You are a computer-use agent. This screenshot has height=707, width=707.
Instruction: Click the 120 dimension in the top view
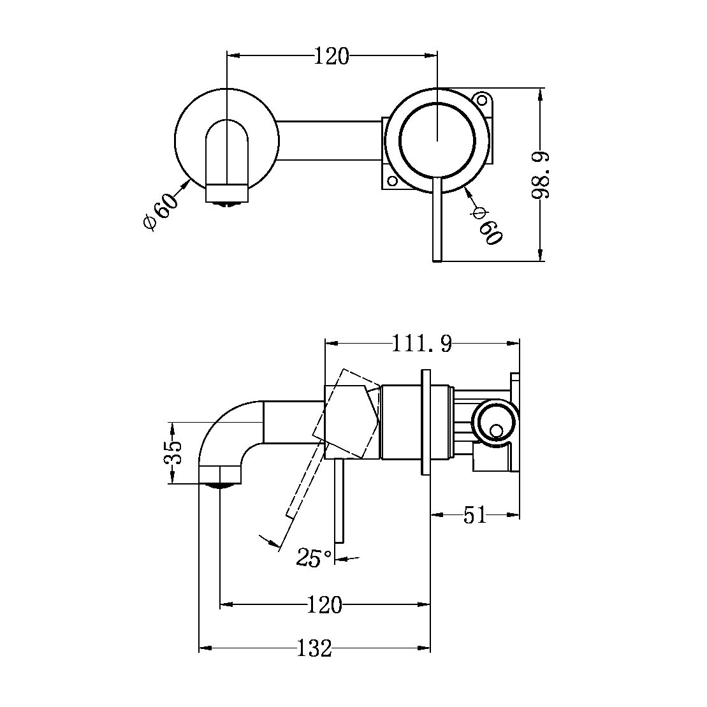pyautogui.click(x=332, y=56)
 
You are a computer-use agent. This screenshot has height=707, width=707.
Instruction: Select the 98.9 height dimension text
pyautogui.click(x=541, y=175)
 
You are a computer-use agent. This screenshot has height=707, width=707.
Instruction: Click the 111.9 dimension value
pyautogui.click(x=421, y=344)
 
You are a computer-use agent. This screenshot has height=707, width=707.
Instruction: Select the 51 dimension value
pyautogui.click(x=475, y=514)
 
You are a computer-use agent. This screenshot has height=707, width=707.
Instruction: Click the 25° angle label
pyautogui.click(x=314, y=558)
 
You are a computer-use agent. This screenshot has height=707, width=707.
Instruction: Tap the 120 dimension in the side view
pyautogui.click(x=324, y=604)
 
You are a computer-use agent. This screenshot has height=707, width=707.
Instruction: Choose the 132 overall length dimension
pyautogui.click(x=315, y=649)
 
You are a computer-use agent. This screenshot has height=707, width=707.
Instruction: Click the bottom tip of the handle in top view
pyautogui.click(x=437, y=257)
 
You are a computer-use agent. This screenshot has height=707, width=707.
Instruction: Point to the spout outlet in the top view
pyautogui.click(x=226, y=194)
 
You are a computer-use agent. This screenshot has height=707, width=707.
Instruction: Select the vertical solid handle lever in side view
pyautogui.click(x=339, y=500)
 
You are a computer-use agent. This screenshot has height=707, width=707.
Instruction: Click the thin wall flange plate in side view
pyautogui.click(x=426, y=421)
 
